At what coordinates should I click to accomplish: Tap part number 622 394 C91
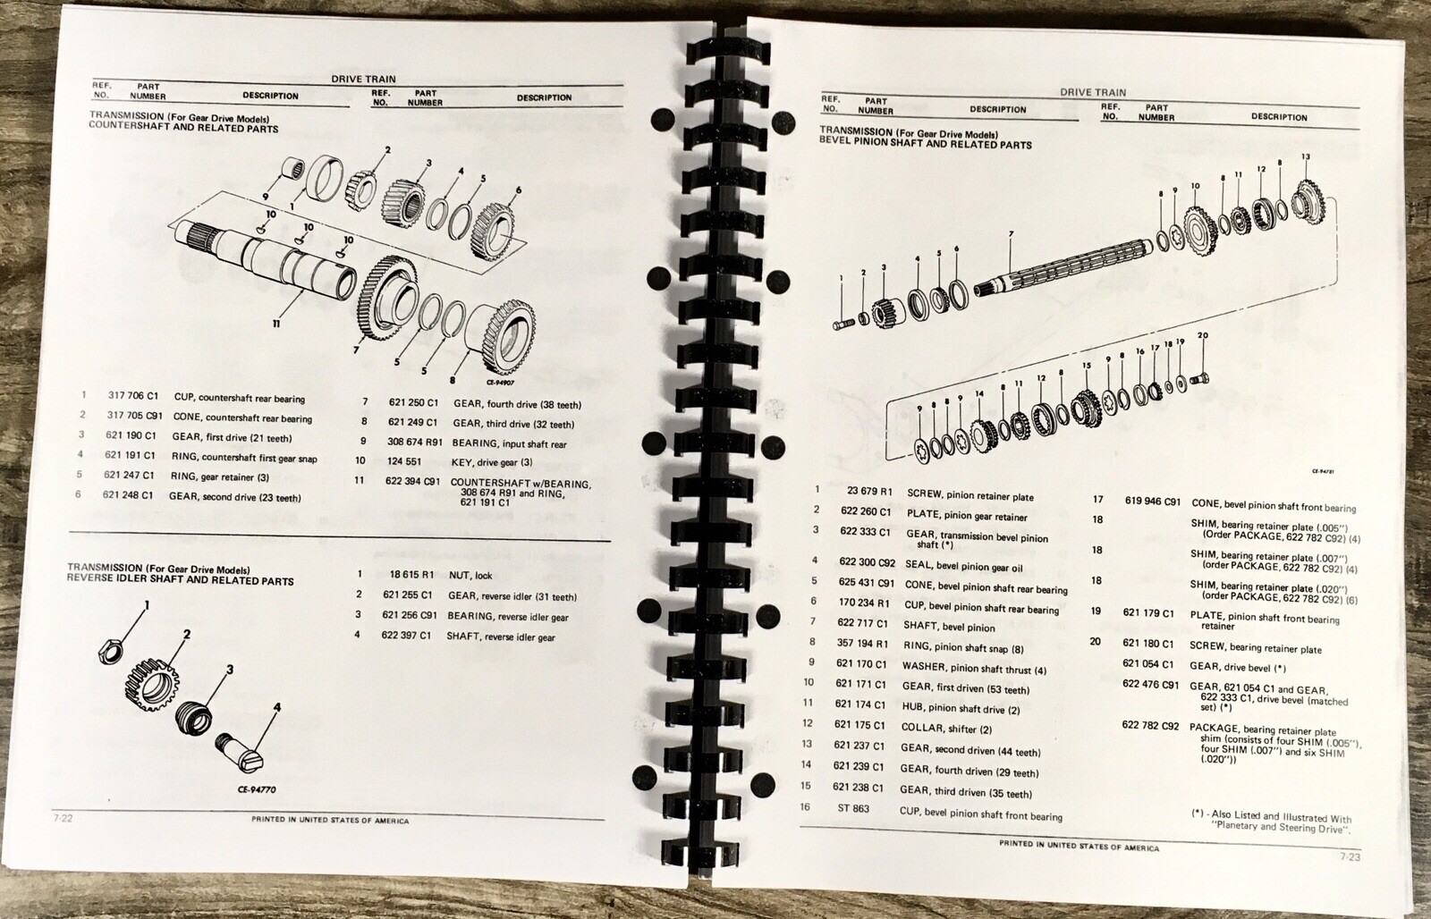pyautogui.click(x=412, y=482)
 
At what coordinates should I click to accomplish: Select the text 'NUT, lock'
pyautogui.click(x=470, y=575)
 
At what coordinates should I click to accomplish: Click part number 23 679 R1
pyautogui.click(x=869, y=491)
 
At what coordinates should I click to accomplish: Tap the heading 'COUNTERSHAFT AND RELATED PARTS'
pyautogui.click(x=183, y=129)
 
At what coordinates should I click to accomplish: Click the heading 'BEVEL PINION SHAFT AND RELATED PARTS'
pyautogui.click(x=926, y=144)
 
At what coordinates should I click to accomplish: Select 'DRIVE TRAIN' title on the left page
pyautogui.click(x=363, y=80)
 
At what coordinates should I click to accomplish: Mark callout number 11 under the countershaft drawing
pyautogui.click(x=276, y=323)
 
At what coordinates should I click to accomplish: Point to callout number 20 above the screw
pyautogui.click(x=1202, y=336)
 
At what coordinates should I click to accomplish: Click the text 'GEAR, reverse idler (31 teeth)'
pyautogui.click(x=512, y=596)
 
